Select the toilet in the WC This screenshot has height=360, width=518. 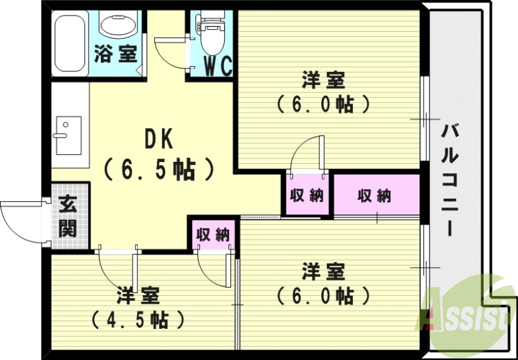click(210, 36)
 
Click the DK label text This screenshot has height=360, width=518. click(159, 139)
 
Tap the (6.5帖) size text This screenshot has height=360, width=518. click(159, 169)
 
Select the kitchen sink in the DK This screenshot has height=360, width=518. click(68, 135)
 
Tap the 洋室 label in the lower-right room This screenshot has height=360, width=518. click(323, 269)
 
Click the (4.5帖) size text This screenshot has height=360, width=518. click(137, 319)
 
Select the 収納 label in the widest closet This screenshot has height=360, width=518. click(374, 196)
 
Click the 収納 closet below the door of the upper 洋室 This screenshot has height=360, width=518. click(306, 196)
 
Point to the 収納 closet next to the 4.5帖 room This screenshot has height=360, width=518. click(214, 234)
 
